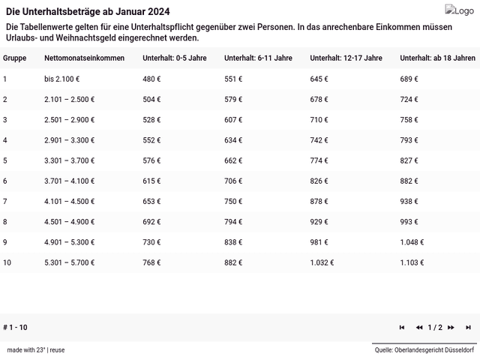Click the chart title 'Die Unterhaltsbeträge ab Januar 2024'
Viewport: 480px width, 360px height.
tap(88, 12)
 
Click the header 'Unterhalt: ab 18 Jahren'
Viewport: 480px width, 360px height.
tap(437, 58)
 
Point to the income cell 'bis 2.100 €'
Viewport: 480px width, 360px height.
tap(62, 79)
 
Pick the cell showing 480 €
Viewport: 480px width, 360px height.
tap(152, 79)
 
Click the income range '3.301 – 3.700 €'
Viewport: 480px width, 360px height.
tap(70, 160)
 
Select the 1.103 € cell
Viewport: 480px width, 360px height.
tap(412, 262)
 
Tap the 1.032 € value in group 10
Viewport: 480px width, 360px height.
tap(322, 262)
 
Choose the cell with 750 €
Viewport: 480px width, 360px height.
tap(234, 201)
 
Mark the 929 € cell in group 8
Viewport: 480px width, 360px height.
tap(319, 222)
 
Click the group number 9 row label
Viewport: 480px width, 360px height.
tap(5, 242)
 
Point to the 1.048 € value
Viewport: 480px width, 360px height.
tap(412, 242)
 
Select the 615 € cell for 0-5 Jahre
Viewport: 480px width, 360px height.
tap(152, 181)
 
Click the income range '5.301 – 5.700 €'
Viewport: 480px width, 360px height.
tap(70, 262)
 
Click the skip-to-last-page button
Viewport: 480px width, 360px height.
tap(468, 328)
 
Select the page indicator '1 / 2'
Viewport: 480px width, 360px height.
tap(435, 328)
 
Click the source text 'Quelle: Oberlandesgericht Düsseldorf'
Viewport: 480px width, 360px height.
tap(424, 349)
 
